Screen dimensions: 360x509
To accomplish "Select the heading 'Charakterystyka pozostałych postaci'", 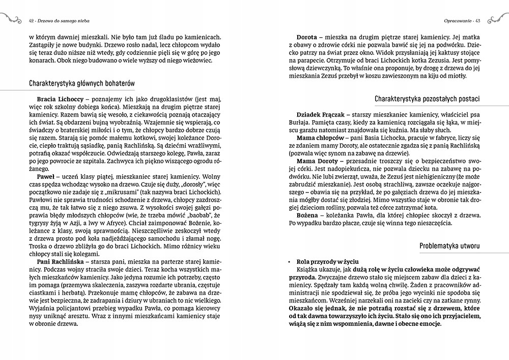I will tap(427, 98).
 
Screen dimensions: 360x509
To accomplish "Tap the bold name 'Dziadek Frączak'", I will tap(321, 115).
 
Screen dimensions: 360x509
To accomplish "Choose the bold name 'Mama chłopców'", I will tap(320, 137).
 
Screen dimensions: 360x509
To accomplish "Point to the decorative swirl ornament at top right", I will tap(495, 19).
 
